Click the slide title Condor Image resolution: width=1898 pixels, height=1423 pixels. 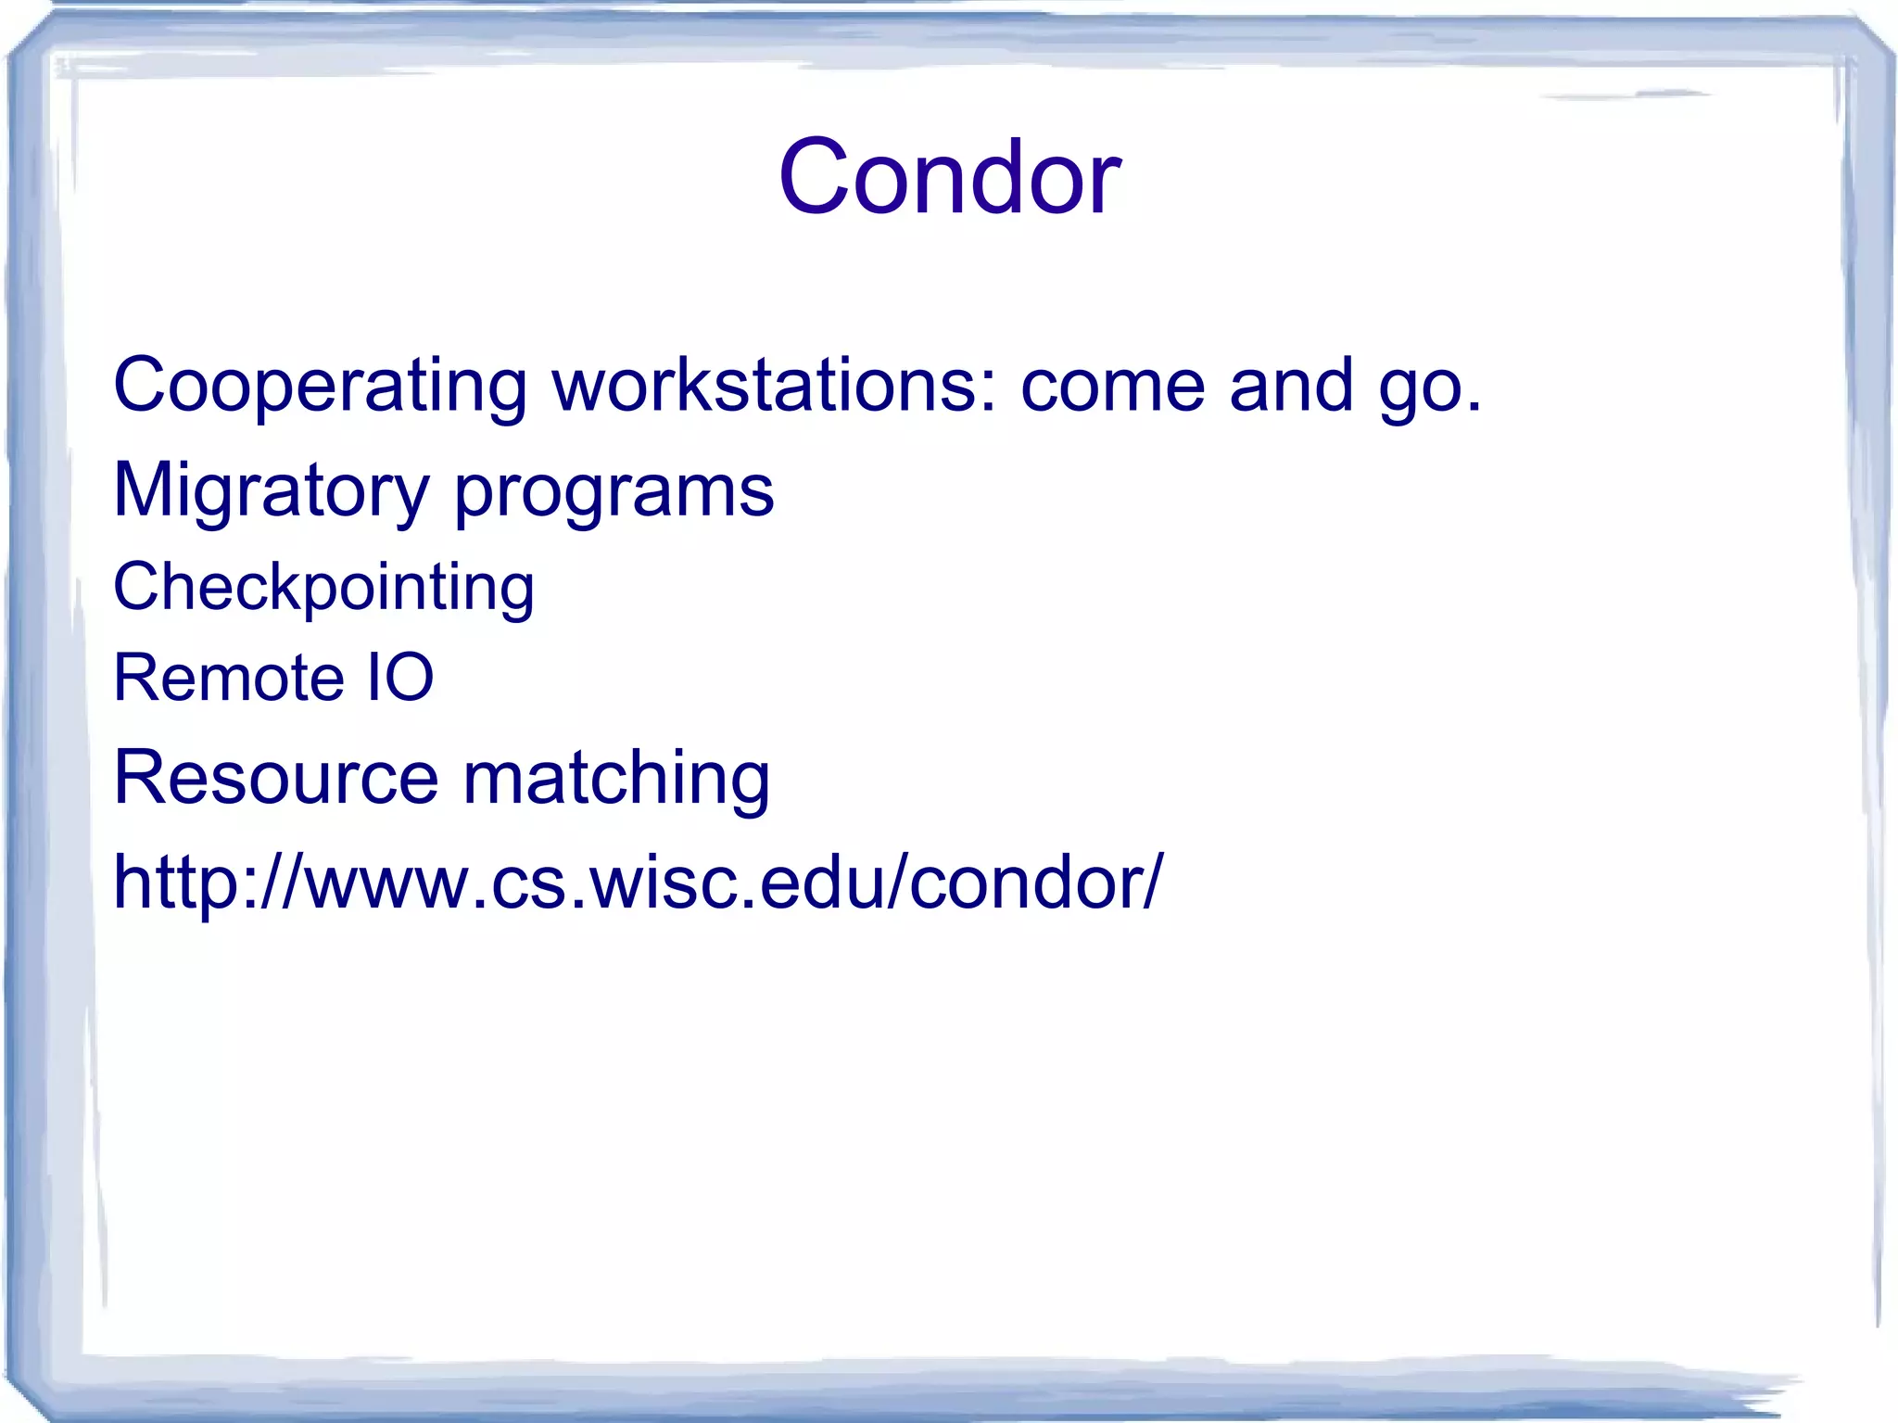[x=949, y=176]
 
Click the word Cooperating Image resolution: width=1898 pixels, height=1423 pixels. [x=320, y=385]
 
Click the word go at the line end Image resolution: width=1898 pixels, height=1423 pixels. [x=1418, y=389]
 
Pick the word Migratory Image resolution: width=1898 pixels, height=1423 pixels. [x=271, y=491]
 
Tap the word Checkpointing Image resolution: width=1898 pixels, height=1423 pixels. [x=323, y=588]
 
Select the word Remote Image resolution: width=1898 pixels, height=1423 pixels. [x=228, y=678]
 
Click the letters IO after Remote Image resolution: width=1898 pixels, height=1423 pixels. [x=400, y=678]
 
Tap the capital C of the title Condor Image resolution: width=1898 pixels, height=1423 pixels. [x=815, y=176]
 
